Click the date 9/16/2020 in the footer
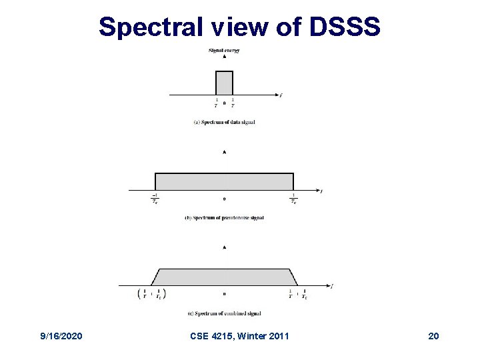(61, 335)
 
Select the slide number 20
(433, 335)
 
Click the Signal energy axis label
(224, 50)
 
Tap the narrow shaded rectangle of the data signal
(224, 83)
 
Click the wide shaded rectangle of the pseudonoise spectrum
(224, 181)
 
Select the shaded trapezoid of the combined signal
(224, 277)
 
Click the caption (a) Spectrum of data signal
(224, 122)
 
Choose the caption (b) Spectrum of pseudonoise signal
(224, 218)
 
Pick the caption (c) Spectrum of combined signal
(224, 313)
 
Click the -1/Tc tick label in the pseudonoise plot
(155, 199)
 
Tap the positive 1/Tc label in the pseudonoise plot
(293, 199)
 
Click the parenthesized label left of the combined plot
(151, 294)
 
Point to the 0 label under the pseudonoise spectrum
(224, 199)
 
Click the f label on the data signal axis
(281, 95)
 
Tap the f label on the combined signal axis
(331, 287)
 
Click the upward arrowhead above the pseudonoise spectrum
(224, 152)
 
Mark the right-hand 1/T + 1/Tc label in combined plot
(297, 294)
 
